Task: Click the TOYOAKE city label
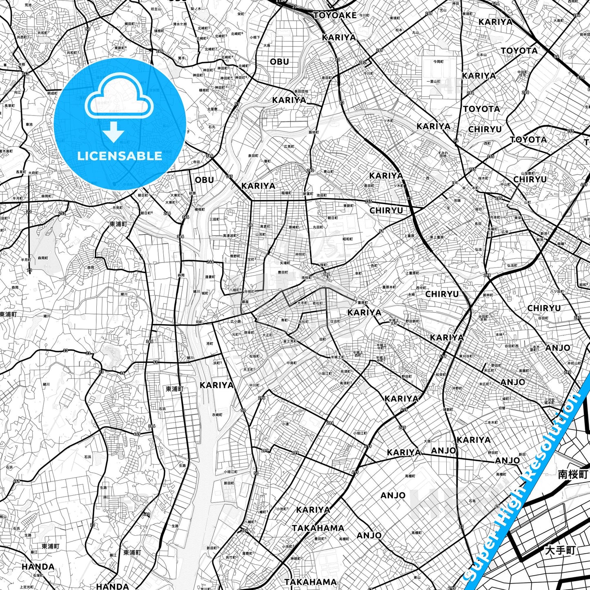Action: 335,16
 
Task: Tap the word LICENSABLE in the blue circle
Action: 120,156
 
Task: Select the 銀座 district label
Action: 245,302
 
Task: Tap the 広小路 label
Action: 236,321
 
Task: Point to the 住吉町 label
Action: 335,321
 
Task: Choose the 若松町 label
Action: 317,303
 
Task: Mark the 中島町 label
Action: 291,363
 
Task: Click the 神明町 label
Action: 300,254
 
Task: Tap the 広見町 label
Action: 289,146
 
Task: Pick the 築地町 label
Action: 314,132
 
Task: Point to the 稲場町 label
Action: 286,193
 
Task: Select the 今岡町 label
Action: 439,62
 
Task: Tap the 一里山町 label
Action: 433,82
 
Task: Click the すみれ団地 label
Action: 443,154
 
